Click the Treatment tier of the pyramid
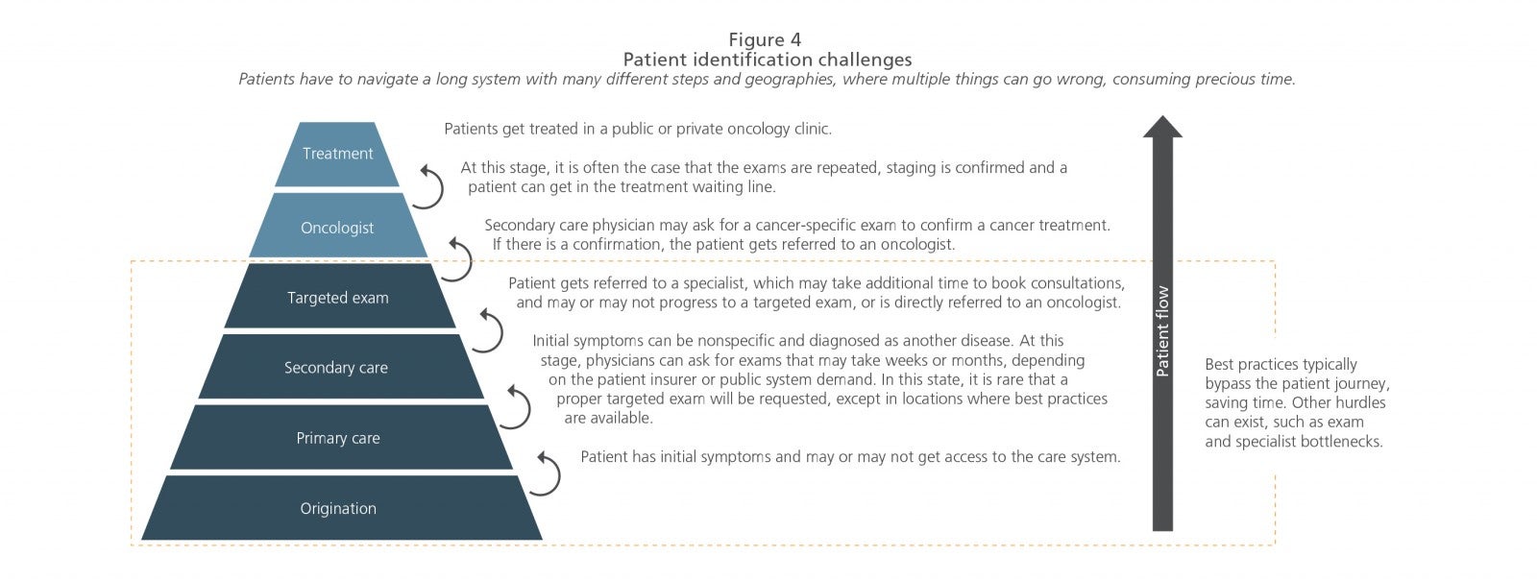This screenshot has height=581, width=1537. pyautogui.click(x=337, y=154)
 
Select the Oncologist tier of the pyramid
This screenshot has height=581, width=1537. pyautogui.click(x=337, y=226)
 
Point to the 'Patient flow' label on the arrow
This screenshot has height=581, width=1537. pyautogui.click(x=1161, y=330)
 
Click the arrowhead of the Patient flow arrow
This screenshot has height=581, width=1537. pyautogui.click(x=1162, y=126)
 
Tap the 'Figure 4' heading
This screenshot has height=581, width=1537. pyautogui.click(x=765, y=39)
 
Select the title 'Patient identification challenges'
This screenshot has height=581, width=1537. pyautogui.click(x=768, y=60)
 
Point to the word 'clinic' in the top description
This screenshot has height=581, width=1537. pyautogui.click(x=813, y=129)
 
